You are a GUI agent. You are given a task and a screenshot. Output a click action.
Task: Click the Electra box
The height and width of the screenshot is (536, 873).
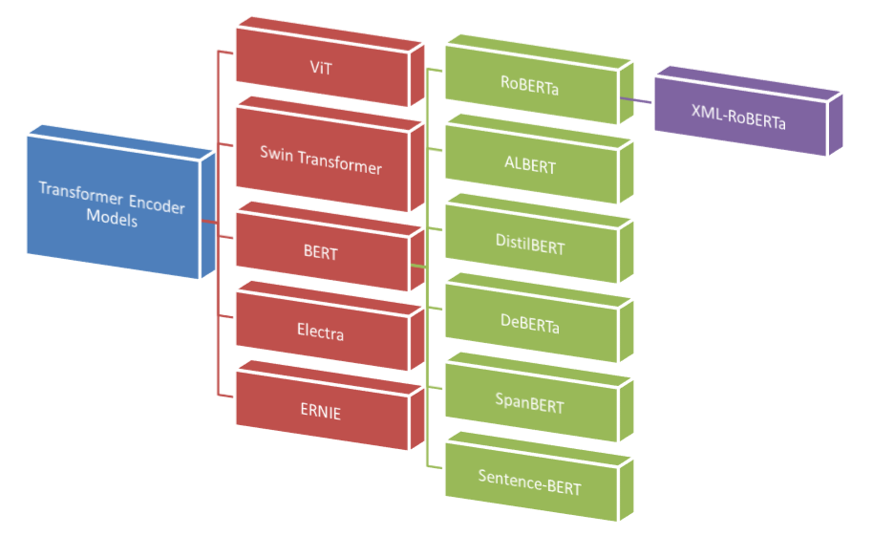pos(321,332)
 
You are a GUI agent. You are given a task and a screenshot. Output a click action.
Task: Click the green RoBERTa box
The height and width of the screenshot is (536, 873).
pos(530,84)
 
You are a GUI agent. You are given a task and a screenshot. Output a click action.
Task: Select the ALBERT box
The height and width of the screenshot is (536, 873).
pos(530,164)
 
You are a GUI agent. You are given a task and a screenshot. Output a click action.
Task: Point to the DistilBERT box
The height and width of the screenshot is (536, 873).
pos(530,245)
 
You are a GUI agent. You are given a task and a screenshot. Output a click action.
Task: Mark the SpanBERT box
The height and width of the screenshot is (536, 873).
pos(530,404)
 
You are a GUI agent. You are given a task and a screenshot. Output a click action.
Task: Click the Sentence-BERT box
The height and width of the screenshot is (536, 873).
pos(530,483)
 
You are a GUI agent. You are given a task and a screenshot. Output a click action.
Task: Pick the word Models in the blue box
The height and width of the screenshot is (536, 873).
pos(112,220)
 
